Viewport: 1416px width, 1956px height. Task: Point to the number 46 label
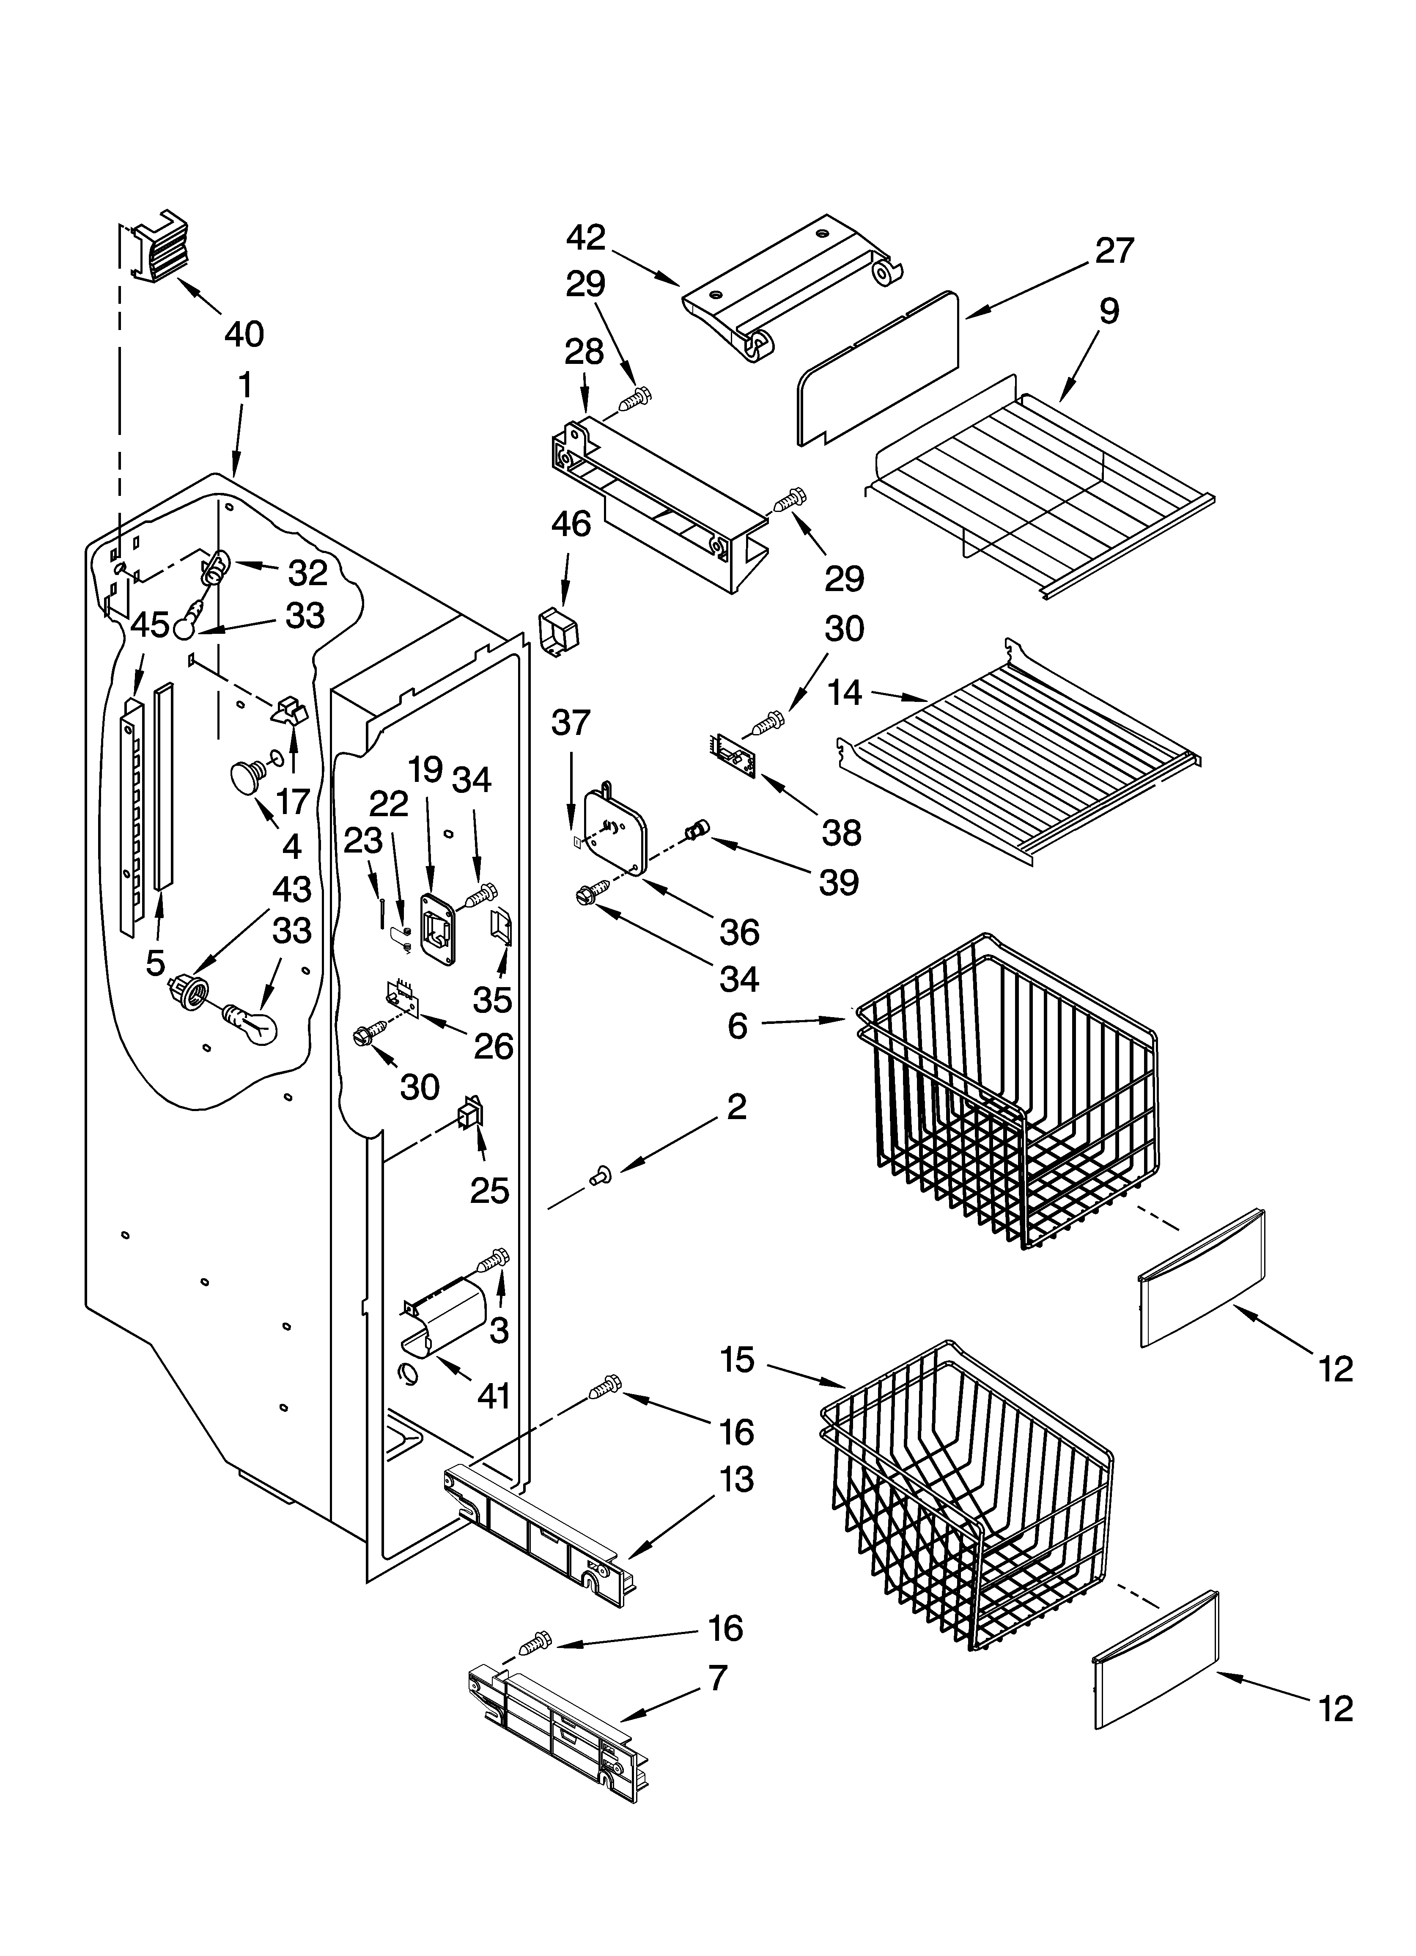[571, 524]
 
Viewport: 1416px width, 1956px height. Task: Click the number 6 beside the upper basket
[737, 1026]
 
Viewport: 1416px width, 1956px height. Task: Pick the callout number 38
[841, 832]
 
